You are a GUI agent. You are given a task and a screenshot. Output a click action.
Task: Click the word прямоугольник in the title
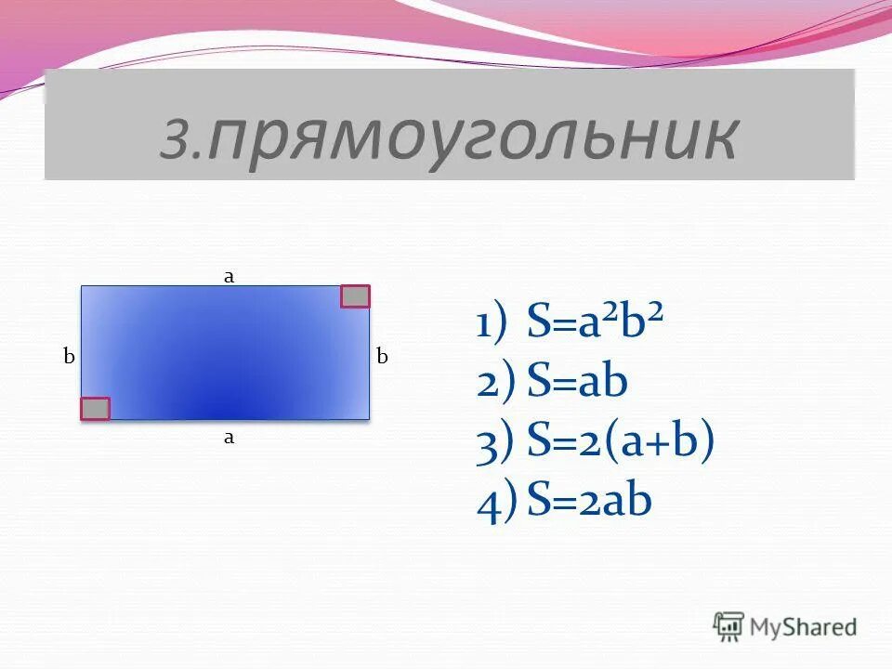[x=473, y=138]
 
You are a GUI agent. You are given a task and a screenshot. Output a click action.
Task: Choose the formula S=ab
[x=577, y=383]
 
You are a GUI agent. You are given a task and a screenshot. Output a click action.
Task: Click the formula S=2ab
[x=589, y=501]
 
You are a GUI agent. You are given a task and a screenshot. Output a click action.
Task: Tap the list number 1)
[x=492, y=327]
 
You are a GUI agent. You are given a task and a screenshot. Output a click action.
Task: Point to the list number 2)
[x=493, y=384]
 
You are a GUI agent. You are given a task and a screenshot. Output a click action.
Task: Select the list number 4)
[x=493, y=503]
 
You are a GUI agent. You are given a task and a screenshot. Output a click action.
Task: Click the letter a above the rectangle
[x=227, y=275]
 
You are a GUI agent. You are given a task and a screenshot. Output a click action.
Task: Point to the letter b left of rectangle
[x=68, y=356]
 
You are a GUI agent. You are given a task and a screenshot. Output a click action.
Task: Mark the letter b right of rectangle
[x=381, y=356]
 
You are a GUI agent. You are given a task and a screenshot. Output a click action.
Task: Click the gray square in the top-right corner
[x=355, y=296]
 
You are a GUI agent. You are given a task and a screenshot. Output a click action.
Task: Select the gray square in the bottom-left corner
[x=95, y=408]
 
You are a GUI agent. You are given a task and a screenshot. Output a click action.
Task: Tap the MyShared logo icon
[x=728, y=626]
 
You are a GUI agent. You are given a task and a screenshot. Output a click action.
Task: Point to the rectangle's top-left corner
[x=82, y=286]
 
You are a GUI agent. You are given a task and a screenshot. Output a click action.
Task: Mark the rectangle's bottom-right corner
[x=369, y=418]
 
